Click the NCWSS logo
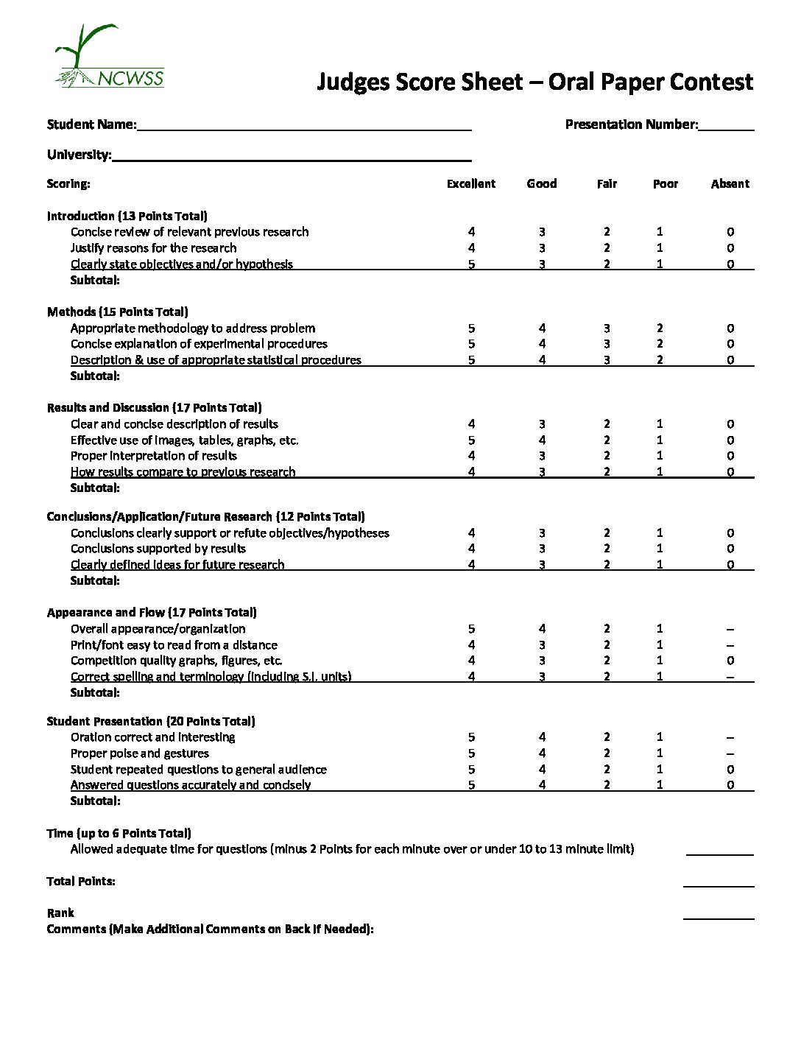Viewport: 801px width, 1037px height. [x=109, y=57]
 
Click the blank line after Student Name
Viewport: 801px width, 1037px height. [x=303, y=125]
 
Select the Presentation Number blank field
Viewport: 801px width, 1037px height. [x=726, y=125]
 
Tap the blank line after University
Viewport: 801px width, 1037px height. [x=291, y=155]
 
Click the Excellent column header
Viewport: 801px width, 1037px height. [x=471, y=183]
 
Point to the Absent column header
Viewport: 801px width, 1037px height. [x=730, y=183]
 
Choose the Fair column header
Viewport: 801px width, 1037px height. [x=607, y=183]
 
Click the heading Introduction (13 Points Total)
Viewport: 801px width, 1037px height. [x=127, y=216]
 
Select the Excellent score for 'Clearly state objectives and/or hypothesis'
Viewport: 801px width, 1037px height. [x=471, y=264]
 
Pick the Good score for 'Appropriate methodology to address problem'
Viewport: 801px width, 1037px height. [x=542, y=328]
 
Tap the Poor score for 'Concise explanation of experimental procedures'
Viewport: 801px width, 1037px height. [x=660, y=344]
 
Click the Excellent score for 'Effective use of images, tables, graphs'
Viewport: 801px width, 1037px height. [x=471, y=440]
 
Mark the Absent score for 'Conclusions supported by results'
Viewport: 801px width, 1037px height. [x=730, y=548]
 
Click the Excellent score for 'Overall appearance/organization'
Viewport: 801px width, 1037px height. [x=471, y=628]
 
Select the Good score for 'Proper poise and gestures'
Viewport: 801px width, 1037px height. [x=542, y=753]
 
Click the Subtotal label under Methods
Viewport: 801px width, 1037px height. [x=95, y=376]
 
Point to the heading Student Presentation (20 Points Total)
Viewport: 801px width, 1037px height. [x=151, y=721]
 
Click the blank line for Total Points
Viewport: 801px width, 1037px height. [x=719, y=882]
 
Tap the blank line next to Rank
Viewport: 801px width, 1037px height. [x=719, y=913]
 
